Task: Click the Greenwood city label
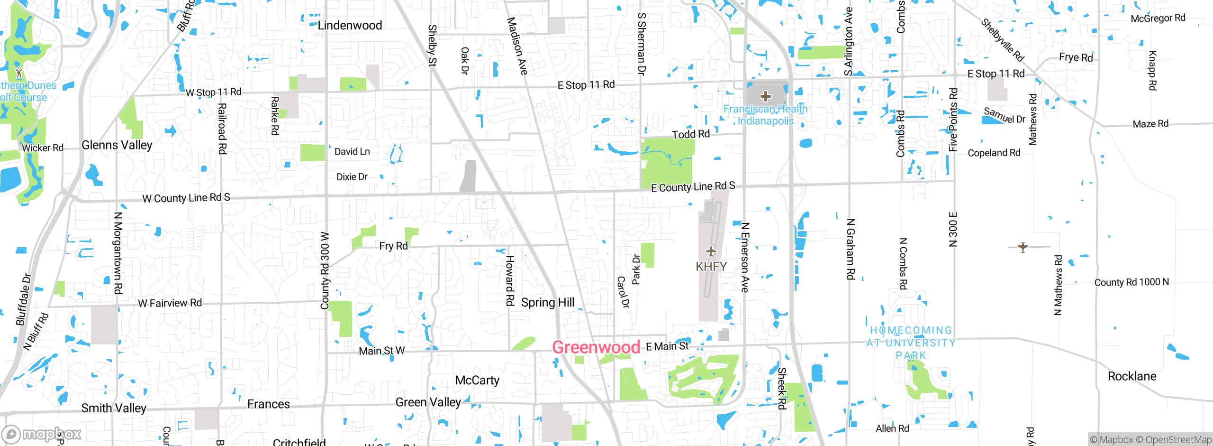596,347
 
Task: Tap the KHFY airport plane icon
711,251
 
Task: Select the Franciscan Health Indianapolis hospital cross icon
765,97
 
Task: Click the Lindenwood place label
350,26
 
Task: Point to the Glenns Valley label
117,145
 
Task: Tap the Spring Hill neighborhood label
548,303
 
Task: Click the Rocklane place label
1132,377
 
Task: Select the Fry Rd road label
393,246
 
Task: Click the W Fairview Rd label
170,303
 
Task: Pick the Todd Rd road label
691,134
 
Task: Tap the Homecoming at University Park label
911,343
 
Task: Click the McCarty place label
477,381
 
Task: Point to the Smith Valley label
114,408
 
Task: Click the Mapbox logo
42,434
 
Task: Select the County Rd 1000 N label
1132,282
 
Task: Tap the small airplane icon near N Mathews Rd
1023,247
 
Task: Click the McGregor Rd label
1158,19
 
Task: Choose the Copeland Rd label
994,153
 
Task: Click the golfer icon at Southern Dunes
19,73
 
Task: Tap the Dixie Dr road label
352,177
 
